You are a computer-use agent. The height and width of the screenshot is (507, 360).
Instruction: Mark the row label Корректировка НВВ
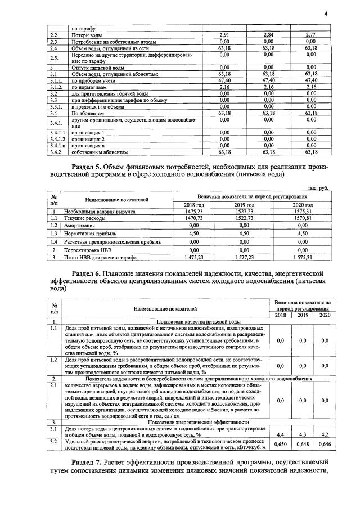(x=97, y=250)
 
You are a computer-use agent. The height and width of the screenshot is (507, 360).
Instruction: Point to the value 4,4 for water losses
(x=281, y=434)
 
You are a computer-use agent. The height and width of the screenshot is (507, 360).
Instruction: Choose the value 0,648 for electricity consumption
(x=303, y=445)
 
